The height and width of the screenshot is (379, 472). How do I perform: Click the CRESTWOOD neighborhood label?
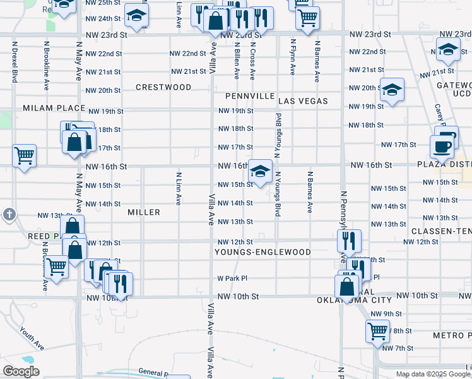click(163, 87)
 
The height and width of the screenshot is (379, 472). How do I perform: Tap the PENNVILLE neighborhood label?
click(251, 96)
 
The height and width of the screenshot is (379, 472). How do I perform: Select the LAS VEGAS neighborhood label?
click(303, 101)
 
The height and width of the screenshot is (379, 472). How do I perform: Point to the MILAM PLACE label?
click(54, 108)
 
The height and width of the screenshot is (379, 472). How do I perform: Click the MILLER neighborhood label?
click(144, 212)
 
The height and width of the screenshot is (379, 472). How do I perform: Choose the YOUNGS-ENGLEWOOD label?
click(263, 252)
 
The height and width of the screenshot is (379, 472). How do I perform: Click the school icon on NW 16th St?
click(260, 171)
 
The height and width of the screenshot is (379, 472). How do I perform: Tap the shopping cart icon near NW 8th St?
click(377, 330)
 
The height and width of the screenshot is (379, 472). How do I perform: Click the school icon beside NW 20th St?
click(392, 90)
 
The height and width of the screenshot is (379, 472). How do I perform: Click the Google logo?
click(21, 371)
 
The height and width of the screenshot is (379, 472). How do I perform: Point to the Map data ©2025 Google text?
click(433, 374)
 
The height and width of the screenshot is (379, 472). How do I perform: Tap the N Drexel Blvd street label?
click(14, 63)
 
